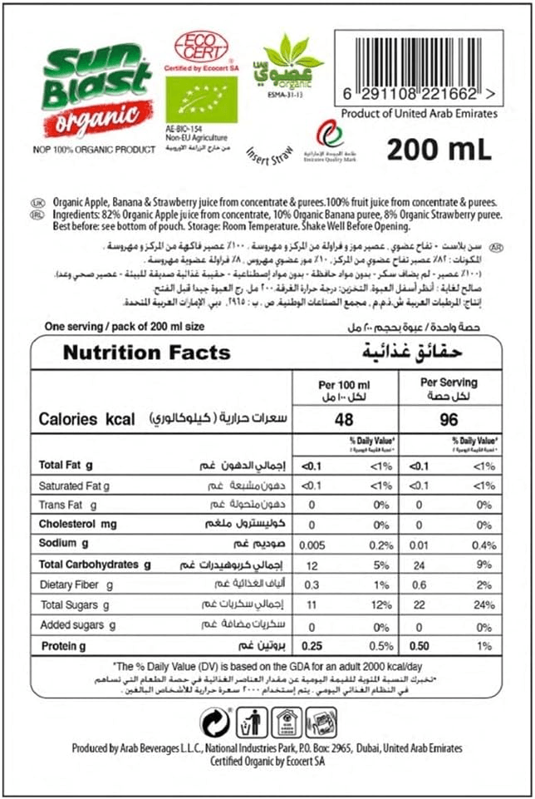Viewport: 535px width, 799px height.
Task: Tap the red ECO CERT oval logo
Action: [x=200, y=47]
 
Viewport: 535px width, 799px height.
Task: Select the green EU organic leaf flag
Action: [x=201, y=100]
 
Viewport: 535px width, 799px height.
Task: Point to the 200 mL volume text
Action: [x=439, y=149]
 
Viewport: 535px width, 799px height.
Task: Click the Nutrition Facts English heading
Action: [x=146, y=353]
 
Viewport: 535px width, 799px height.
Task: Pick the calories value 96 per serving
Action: [x=448, y=420]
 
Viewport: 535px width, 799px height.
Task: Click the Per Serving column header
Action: [x=449, y=383]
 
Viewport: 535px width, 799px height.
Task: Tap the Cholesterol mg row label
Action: [x=78, y=525]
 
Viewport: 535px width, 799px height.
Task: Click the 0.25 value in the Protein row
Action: [x=312, y=646]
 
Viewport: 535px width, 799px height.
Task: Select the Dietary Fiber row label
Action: [x=75, y=585]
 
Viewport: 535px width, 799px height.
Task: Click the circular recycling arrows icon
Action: [x=215, y=723]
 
